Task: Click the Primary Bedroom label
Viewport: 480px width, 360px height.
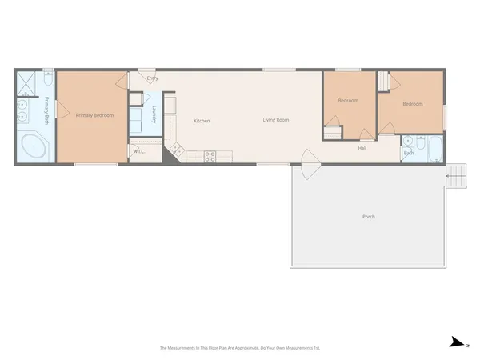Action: tap(94, 116)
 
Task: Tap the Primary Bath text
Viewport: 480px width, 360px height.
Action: tap(46, 110)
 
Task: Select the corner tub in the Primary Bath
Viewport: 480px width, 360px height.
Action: tap(34, 148)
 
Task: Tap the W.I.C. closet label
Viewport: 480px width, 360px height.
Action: tap(138, 150)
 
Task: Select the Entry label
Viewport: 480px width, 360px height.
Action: tap(152, 78)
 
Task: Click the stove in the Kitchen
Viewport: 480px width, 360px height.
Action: tap(210, 157)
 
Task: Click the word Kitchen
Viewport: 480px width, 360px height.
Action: tap(202, 121)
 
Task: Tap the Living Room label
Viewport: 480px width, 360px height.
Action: tap(276, 120)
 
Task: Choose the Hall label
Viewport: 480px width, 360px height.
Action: tap(362, 148)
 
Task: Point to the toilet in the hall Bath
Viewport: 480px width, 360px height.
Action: tap(409, 142)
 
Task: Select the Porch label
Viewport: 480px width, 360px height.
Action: tap(368, 217)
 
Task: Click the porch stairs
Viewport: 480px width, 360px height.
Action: tap(457, 176)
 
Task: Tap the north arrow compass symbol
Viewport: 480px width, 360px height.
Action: tap(457, 342)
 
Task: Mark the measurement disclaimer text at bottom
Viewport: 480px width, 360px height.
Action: tap(240, 348)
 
